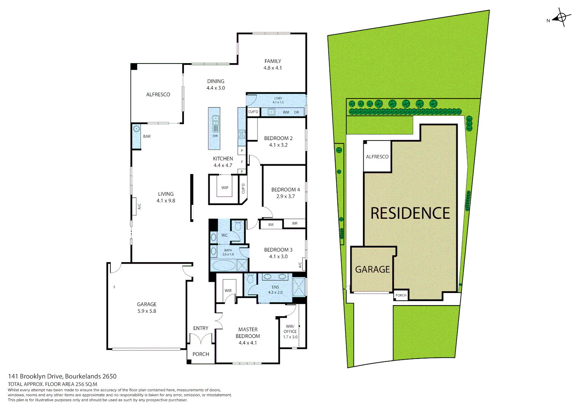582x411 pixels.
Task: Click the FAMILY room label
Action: click(273, 61)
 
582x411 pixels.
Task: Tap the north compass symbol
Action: click(561, 18)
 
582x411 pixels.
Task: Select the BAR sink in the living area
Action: click(136, 129)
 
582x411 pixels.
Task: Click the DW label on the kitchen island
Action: click(215, 136)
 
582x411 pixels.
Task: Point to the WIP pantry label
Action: click(225, 188)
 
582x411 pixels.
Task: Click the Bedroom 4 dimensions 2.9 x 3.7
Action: click(285, 196)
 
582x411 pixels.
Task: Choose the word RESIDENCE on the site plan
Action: click(410, 213)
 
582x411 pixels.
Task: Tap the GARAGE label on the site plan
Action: click(372, 269)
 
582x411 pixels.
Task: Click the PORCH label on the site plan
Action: click(401, 295)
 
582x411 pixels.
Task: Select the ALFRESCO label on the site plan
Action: click(377, 157)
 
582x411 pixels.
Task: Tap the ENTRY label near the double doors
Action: click(200, 328)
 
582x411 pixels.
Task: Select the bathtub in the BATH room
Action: click(224, 266)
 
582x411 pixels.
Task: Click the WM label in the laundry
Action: click(286, 112)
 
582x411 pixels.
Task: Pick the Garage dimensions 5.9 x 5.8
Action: click(147, 311)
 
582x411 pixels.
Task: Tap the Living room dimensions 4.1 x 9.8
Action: click(166, 201)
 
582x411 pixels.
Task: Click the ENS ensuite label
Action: click(275, 287)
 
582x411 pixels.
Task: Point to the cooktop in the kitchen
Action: click(241, 134)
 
